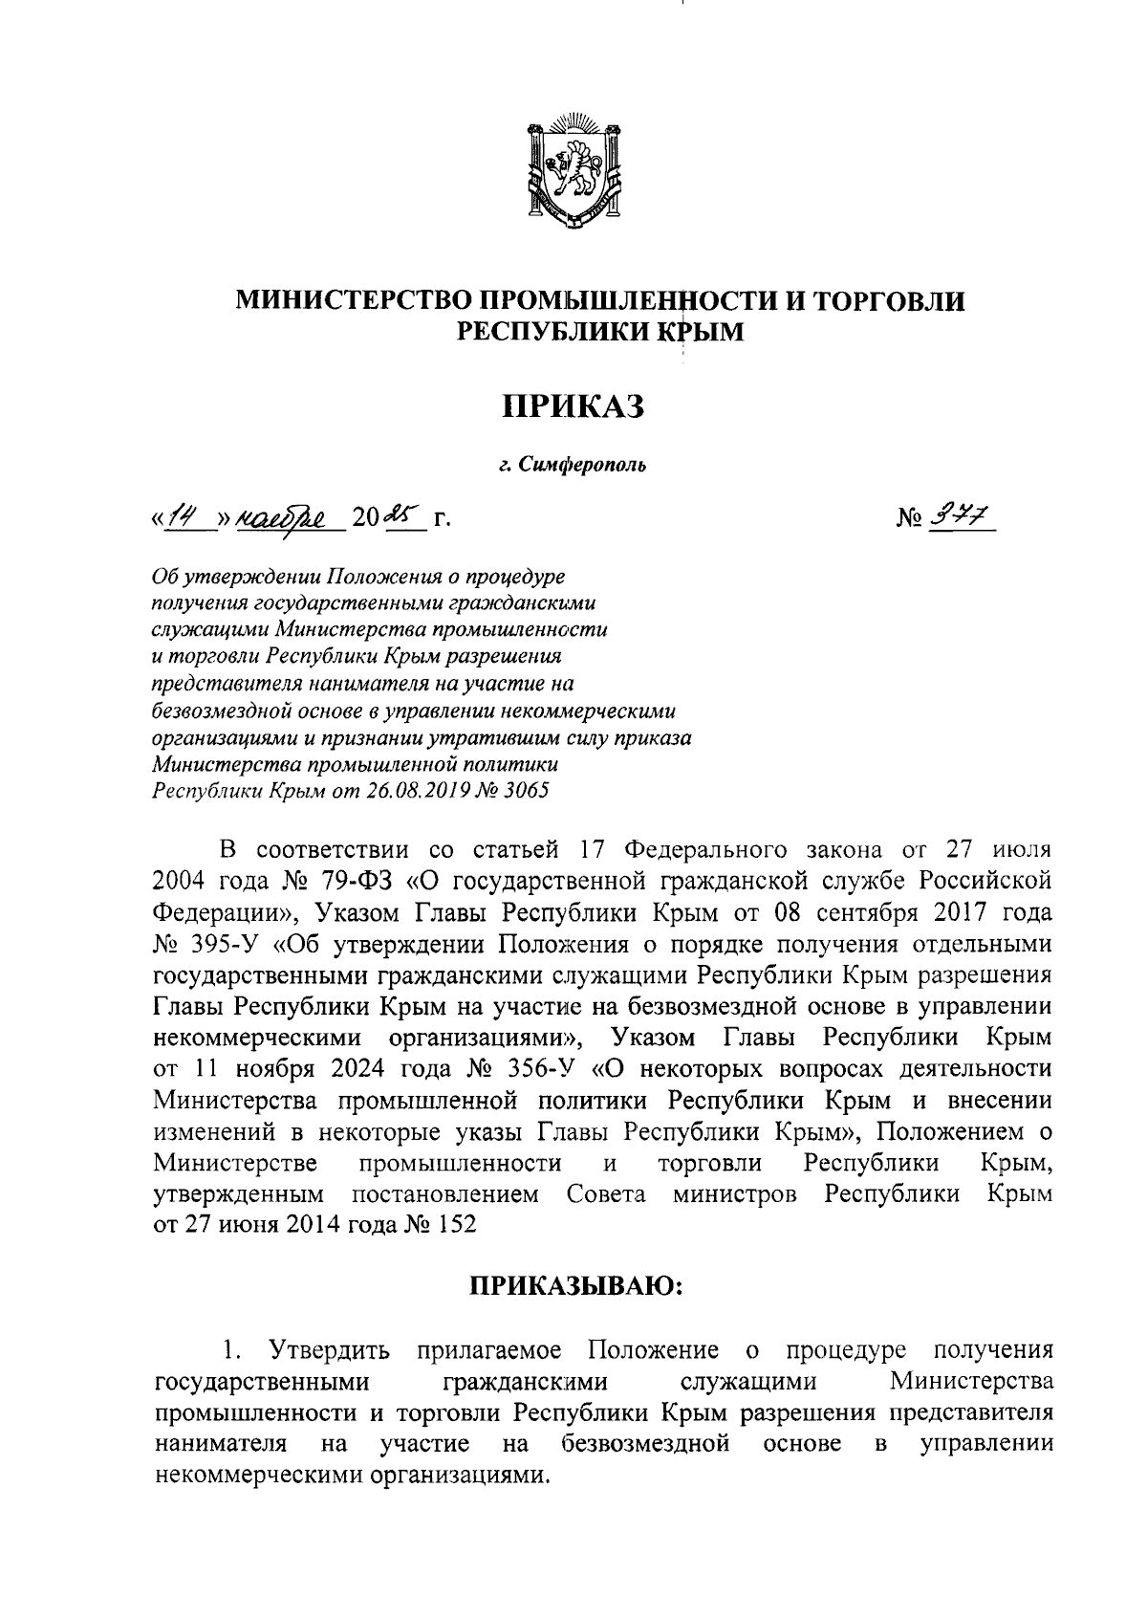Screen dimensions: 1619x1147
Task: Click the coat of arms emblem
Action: pos(574,170)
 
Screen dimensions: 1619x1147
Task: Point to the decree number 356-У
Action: pos(541,1068)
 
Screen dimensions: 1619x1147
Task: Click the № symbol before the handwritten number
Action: pos(909,520)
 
